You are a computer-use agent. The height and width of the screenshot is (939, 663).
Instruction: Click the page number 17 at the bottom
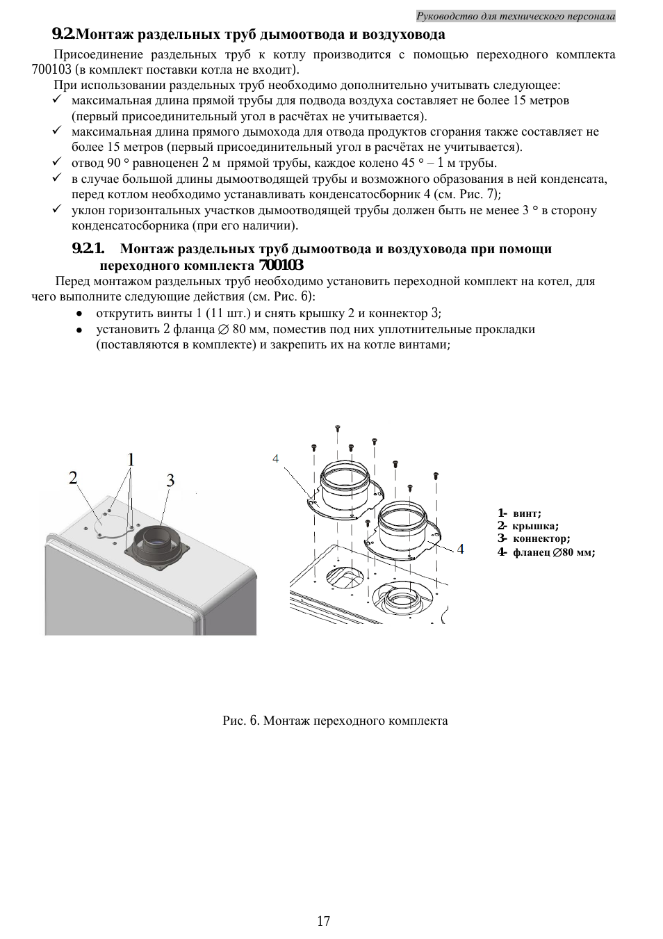(323, 921)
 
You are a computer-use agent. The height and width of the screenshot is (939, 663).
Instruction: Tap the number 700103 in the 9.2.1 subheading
(281, 266)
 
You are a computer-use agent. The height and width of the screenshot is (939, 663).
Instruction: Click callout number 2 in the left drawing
(73, 477)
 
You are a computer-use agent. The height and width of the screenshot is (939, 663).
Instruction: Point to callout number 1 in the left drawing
(131, 459)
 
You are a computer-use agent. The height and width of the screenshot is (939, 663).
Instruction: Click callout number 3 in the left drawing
(170, 480)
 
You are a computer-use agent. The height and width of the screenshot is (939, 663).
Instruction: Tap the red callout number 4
(276, 459)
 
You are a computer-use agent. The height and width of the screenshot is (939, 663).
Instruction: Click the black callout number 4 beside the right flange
(460, 549)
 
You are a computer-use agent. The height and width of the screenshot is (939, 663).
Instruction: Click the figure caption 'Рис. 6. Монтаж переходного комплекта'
(335, 721)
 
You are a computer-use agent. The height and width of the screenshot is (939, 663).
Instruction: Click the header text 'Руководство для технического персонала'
(516, 16)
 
